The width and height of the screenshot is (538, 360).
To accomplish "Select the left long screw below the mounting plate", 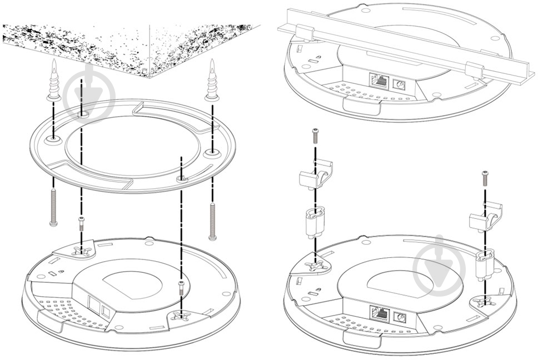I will tap(53, 207).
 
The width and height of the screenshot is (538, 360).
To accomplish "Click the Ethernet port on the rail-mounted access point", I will tap(379, 80).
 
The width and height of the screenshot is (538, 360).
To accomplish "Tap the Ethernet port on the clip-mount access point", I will tap(380, 315).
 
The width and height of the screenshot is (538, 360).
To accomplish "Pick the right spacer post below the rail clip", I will tap(485, 263).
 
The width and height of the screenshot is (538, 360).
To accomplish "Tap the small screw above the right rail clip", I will tap(485, 177).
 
